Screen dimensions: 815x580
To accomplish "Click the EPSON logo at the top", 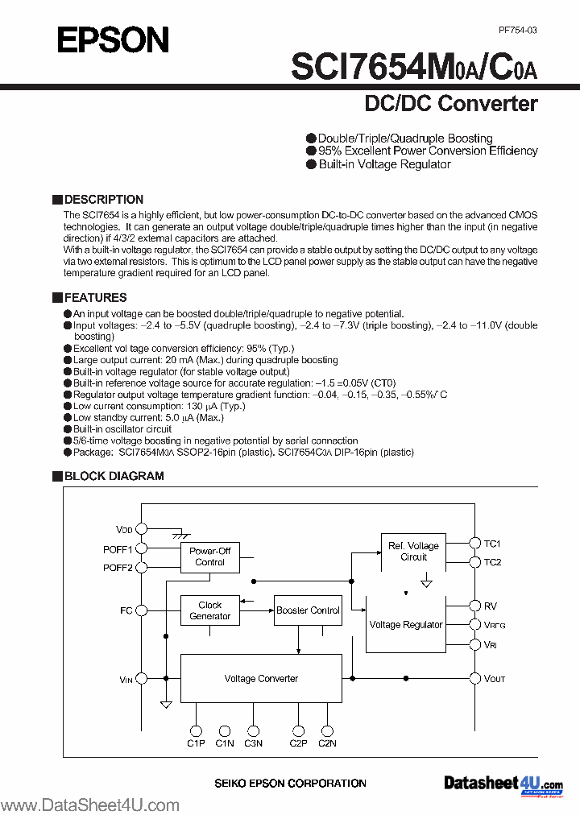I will tap(113, 39).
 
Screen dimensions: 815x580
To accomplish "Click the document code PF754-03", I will tap(517, 30).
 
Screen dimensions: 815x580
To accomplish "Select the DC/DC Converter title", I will tap(451, 104).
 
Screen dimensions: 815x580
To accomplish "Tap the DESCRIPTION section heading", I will tap(103, 200).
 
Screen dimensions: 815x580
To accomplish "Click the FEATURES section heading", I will tap(95, 298).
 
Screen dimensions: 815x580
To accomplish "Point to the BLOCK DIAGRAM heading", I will tap(114, 476).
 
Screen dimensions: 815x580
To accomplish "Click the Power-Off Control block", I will tap(209, 556).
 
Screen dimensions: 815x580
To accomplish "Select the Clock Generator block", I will tap(209, 610).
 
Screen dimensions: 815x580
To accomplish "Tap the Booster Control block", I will tap(308, 610).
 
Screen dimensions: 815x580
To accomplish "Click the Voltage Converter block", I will tap(261, 679).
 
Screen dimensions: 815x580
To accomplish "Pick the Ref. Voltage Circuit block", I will tap(413, 552).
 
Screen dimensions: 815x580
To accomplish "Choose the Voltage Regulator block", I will tap(405, 625).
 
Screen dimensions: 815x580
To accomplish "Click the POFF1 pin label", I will tap(118, 549).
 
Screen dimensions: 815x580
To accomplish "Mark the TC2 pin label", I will tap(492, 562).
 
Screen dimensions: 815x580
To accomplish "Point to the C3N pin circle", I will tap(253, 730).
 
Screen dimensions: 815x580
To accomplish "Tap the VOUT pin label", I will tap(495, 679).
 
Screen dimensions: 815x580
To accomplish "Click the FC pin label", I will tap(126, 610).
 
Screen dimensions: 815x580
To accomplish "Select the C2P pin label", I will tap(298, 743).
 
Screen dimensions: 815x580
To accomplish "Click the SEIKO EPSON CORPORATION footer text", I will tap(290, 783).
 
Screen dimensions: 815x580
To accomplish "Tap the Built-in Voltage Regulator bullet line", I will tap(384, 164).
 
